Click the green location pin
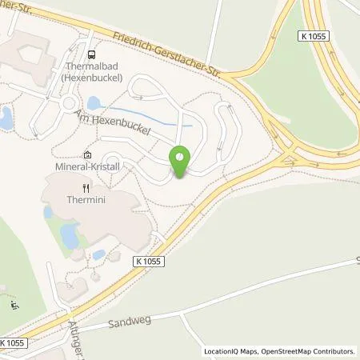180,162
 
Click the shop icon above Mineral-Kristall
87,155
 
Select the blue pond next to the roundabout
94,102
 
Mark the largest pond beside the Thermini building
70,236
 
